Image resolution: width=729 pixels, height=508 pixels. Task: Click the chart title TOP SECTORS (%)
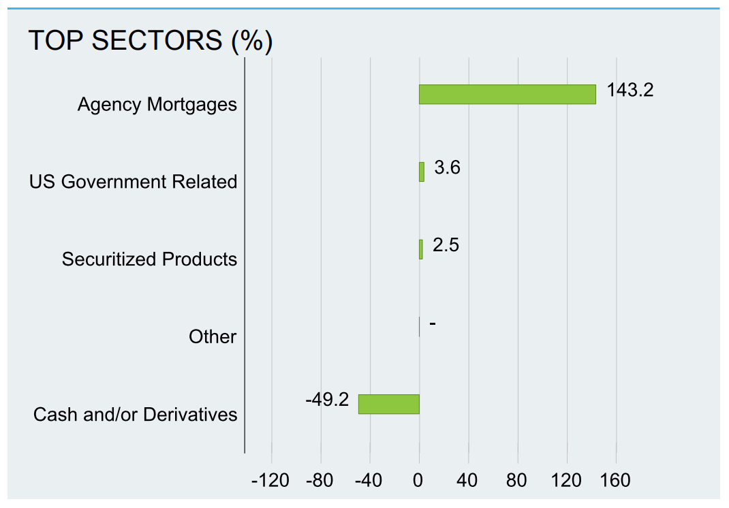[150, 40]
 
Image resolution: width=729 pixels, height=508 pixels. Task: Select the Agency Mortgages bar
[507, 95]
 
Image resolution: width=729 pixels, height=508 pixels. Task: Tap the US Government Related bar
[422, 172]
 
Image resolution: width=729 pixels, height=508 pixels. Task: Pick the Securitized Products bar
[421, 250]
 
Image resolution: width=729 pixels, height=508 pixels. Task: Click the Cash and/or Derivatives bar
[388, 404]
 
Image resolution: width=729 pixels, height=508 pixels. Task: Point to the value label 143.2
[630, 90]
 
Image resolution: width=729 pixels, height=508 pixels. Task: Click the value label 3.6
[447, 168]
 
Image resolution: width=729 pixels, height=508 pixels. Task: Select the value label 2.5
[446, 245]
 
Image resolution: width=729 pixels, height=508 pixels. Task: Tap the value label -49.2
[327, 399]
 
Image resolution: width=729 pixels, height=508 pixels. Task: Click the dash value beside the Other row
[433, 323]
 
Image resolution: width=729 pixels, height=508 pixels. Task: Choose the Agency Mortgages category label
[157, 105]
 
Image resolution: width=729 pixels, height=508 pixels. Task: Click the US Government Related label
[133, 182]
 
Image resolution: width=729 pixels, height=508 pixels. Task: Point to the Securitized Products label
[149, 259]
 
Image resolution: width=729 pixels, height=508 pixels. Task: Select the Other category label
[213, 336]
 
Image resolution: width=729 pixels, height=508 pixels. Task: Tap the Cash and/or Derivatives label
[136, 415]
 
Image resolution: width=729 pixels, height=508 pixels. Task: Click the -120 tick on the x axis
[270, 480]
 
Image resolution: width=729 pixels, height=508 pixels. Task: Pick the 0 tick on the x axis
[418, 480]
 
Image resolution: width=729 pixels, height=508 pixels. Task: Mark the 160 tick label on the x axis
[615, 480]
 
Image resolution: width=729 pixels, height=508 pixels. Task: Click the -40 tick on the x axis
[368, 480]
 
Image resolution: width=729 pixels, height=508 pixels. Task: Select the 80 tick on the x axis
[516, 480]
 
